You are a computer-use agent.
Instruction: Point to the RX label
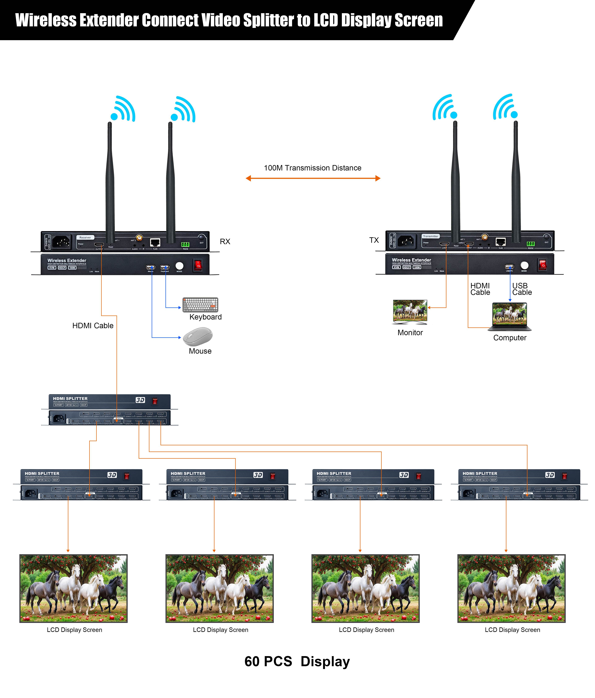point(225,242)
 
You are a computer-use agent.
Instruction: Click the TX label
point(374,240)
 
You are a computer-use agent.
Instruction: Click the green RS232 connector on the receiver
point(185,244)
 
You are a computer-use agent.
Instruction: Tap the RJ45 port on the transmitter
point(500,242)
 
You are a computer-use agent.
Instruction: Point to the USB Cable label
point(522,289)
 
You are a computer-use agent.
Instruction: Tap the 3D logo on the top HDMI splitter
point(140,400)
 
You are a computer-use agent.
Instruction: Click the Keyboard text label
point(205,317)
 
